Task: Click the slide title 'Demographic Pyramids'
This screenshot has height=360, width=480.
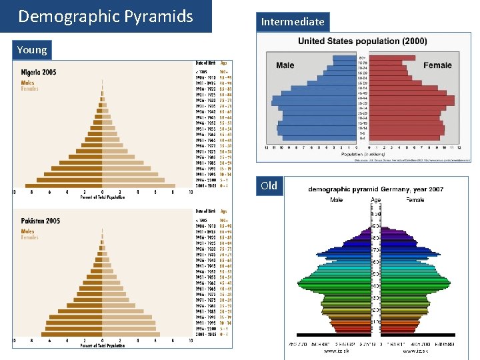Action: tap(105, 16)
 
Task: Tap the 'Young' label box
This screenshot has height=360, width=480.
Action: tap(32, 50)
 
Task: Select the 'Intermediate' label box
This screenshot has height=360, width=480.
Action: tap(293, 22)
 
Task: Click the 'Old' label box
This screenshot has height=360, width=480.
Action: tap(269, 185)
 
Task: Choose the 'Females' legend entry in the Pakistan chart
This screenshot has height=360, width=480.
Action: tap(30, 237)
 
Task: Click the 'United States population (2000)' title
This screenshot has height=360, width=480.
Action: tap(363, 41)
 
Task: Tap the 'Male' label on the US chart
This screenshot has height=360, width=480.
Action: tap(285, 65)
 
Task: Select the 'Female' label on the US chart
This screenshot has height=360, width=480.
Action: tap(437, 65)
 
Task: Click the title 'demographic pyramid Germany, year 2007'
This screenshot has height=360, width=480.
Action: tap(375, 190)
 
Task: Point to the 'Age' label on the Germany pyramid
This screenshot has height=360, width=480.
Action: tap(376, 199)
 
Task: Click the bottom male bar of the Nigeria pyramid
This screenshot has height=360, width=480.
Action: tap(63, 186)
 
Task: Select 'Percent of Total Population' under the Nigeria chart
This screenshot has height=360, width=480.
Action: tap(103, 197)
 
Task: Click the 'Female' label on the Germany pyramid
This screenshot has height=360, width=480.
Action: tap(415, 199)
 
